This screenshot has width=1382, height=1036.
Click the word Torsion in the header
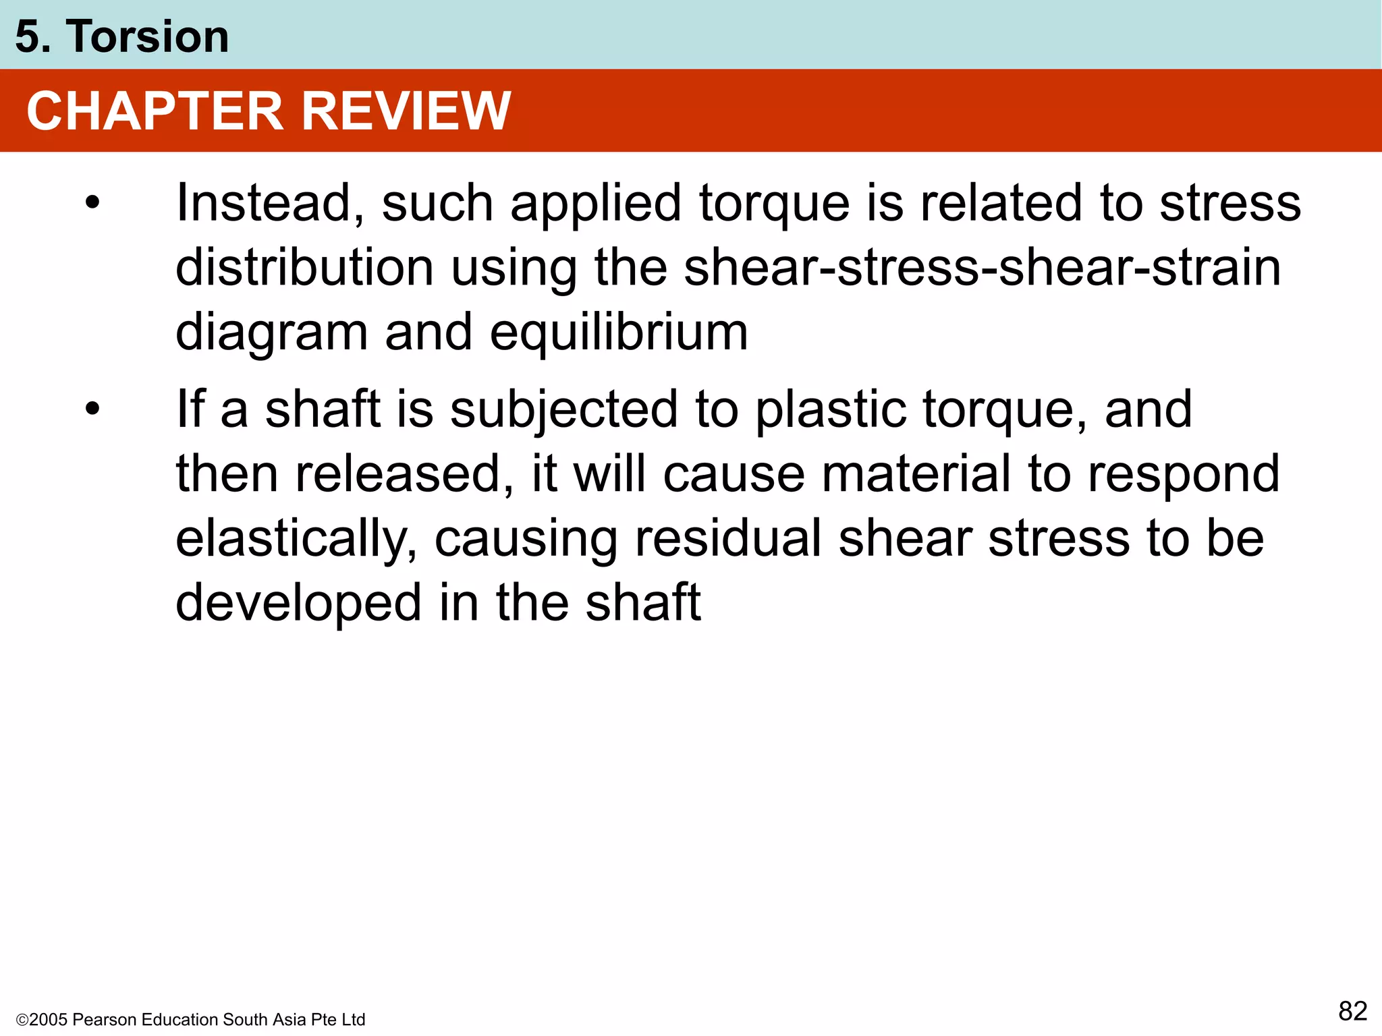point(147,36)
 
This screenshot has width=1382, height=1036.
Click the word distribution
point(304,268)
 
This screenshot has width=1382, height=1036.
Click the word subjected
point(563,410)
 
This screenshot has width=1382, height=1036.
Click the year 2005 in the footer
point(48,1020)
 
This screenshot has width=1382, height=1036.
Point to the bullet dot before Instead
point(92,203)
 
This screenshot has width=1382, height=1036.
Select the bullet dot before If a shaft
point(92,409)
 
